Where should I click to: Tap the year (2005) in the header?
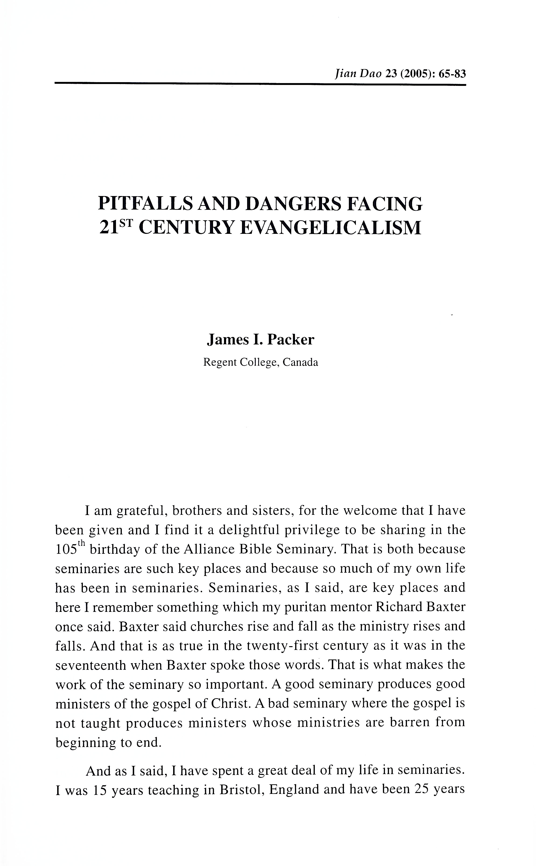pyautogui.click(x=416, y=74)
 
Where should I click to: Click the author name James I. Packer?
pyautogui.click(x=260, y=340)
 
